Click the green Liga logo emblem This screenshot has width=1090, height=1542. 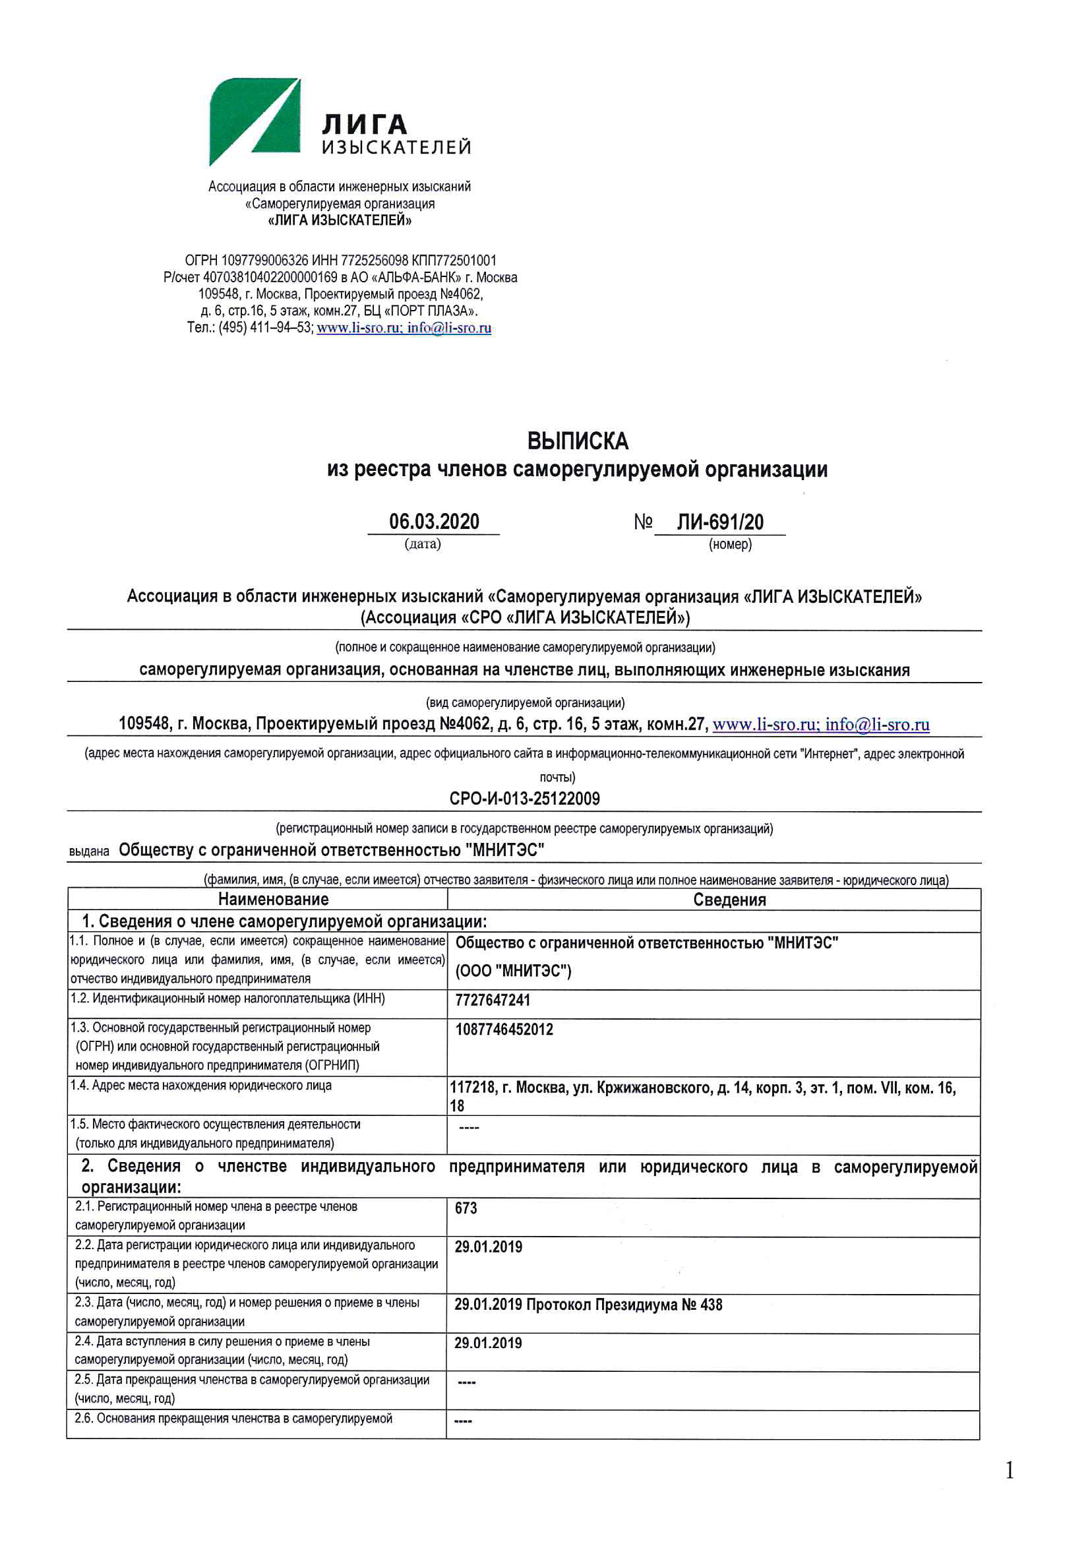point(253,121)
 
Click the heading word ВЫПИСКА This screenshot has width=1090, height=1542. point(578,441)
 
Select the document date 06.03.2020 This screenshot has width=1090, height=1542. point(434,522)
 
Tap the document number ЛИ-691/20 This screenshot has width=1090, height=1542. point(719,522)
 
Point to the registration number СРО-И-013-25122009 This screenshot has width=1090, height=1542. point(524,799)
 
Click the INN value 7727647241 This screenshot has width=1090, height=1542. point(493,1000)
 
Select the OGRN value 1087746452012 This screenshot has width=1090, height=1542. point(504,1030)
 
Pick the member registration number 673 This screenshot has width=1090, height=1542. point(466,1208)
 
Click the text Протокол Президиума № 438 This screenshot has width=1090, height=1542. point(624,1305)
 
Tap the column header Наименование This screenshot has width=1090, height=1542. point(274,899)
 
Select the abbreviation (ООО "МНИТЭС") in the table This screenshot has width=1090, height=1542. point(513,971)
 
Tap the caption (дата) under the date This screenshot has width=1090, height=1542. point(423,544)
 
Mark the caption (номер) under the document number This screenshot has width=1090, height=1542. point(730,544)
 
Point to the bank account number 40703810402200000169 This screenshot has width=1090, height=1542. point(270,278)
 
